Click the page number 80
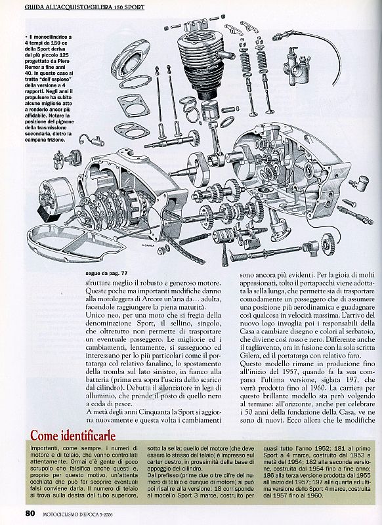(30, 514)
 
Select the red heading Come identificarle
(73, 436)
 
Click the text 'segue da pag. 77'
(106, 273)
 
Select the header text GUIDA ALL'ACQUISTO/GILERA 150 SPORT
(85, 7)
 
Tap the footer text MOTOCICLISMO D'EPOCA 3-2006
(77, 514)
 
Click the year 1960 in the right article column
(312, 387)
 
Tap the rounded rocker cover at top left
(129, 63)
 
